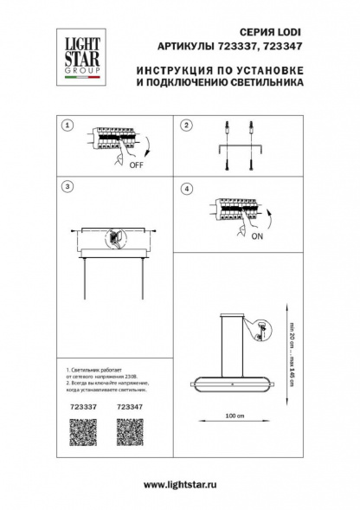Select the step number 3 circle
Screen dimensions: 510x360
(x=67, y=186)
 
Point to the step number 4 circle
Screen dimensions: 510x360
(x=184, y=188)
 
